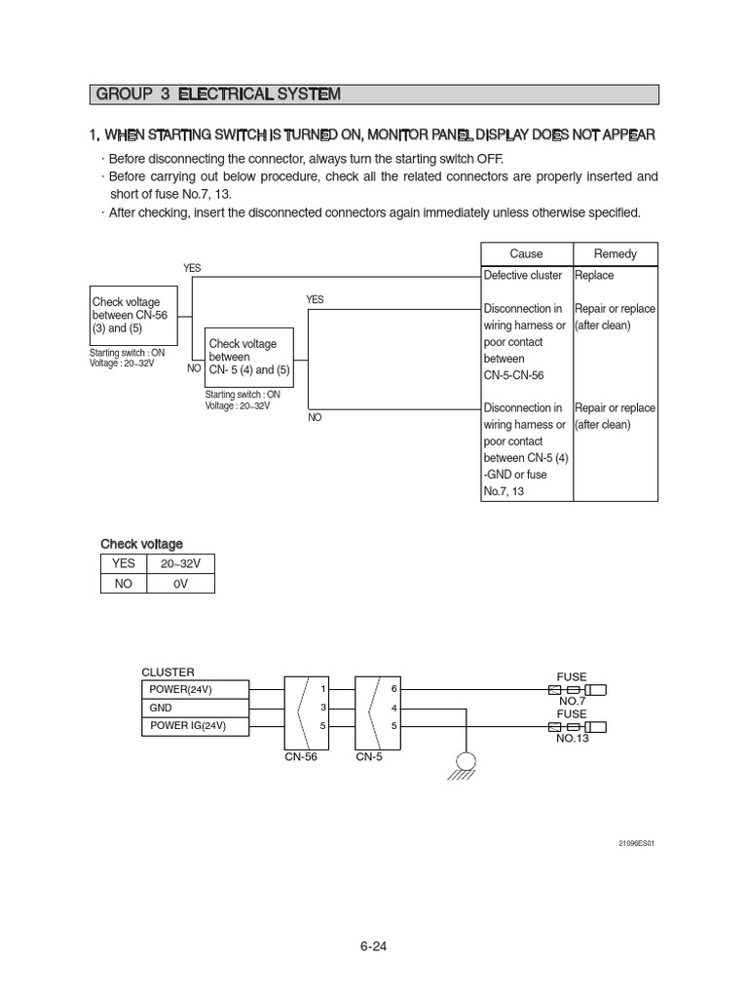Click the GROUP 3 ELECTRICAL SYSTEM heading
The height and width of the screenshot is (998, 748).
(217, 95)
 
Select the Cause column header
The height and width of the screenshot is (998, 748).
(526, 253)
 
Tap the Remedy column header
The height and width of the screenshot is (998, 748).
(615, 253)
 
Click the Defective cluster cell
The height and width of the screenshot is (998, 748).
(525, 276)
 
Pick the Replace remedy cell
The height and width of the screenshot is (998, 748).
(594, 276)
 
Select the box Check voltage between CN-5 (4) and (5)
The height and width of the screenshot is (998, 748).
(249, 357)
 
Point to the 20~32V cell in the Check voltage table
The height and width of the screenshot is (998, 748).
(179, 564)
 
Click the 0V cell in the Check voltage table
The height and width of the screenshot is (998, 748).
(179, 584)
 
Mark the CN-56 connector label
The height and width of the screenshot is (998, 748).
(301, 755)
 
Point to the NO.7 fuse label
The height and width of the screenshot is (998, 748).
(571, 702)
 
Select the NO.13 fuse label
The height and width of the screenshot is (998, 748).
(572, 739)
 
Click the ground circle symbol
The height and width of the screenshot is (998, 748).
(466, 761)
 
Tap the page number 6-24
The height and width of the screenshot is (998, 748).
(374, 945)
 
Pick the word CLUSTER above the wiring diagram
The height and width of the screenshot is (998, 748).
(168, 672)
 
